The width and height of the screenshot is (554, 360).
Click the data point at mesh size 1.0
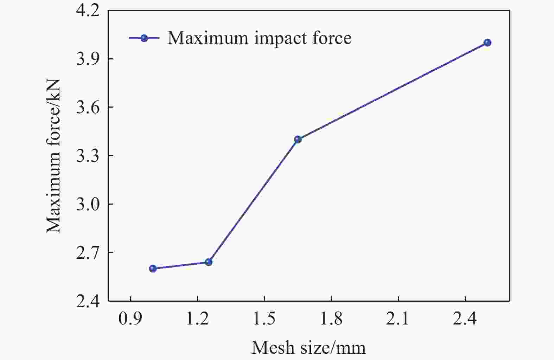click(153, 269)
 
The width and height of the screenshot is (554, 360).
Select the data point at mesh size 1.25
click(209, 262)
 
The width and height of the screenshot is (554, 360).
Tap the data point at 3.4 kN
click(298, 139)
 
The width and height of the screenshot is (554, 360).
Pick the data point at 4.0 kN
click(487, 43)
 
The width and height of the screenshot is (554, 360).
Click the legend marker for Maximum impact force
click(144, 38)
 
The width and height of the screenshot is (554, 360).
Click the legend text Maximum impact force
click(259, 38)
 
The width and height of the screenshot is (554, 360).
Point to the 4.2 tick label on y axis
click(88, 11)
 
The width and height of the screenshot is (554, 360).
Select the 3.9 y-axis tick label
click(88, 59)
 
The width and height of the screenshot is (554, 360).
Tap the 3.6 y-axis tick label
click(88, 107)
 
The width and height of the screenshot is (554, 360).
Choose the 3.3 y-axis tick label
click(88, 156)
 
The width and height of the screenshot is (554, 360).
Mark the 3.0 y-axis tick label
click(88, 204)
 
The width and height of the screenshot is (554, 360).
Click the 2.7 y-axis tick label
click(88, 253)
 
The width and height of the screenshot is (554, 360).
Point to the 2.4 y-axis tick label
click(88, 301)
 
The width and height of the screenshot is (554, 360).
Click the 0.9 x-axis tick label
click(130, 319)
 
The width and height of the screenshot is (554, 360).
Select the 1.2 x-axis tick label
click(197, 319)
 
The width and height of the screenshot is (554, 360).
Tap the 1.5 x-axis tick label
click(264, 319)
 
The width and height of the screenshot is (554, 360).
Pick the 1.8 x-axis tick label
click(331, 319)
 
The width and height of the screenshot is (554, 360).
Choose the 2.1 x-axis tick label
click(398, 319)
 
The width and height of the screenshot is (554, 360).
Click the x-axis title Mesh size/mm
click(308, 348)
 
